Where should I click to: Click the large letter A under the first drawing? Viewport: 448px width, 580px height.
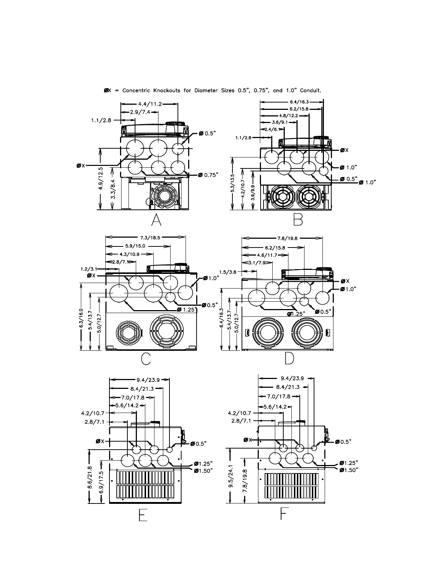pyautogui.click(x=156, y=220)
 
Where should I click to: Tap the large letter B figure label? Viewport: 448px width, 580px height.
pyautogui.click(x=298, y=220)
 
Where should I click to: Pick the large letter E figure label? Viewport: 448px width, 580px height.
pyautogui.click(x=143, y=516)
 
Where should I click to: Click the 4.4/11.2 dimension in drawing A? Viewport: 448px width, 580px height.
pyautogui.click(x=150, y=104)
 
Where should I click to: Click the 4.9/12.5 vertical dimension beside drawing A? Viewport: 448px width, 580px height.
pyautogui.click(x=100, y=178)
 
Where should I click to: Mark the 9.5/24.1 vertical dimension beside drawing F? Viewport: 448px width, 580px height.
pyautogui.click(x=231, y=476)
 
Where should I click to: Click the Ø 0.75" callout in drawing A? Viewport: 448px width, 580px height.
pyautogui.click(x=208, y=175)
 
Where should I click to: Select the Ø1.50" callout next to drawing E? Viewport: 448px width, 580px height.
pyautogui.click(x=203, y=471)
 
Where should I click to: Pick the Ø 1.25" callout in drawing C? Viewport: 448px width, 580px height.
pyautogui.click(x=187, y=309)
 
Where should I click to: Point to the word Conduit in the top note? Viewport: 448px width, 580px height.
pyautogui.click(x=310, y=90)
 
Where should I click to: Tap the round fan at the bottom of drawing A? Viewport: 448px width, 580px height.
pyautogui.click(x=164, y=197)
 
